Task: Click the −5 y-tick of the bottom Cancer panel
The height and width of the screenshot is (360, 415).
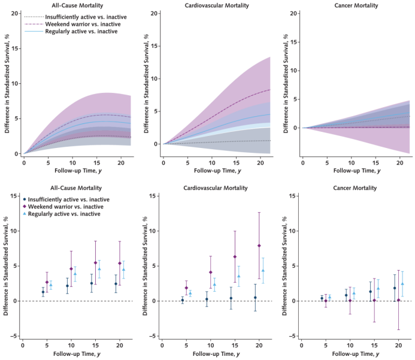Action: tap(293, 336)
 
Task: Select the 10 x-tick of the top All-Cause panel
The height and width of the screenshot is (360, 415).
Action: tap(72, 162)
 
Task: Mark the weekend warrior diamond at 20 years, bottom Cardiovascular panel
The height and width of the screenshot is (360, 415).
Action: tap(259, 246)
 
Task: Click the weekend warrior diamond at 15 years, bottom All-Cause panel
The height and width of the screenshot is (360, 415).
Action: tap(95, 262)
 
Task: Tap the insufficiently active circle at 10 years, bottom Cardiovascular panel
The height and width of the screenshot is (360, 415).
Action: tap(207, 300)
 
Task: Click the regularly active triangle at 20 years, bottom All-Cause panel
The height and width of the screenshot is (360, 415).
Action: tap(123, 269)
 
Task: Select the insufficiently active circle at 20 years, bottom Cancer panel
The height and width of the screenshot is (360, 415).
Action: tap(395, 288)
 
